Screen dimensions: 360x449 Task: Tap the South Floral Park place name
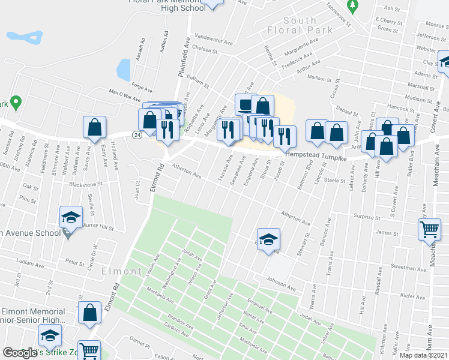[x=300, y=25]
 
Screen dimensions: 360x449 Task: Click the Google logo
[x=20, y=353]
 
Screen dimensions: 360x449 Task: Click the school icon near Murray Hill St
[x=71, y=217]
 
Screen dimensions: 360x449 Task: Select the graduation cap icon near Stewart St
[x=268, y=238]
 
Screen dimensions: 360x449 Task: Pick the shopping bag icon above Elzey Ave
[x=94, y=127]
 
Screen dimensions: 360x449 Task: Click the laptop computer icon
[x=245, y=105]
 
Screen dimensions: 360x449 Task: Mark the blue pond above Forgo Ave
[x=123, y=70]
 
